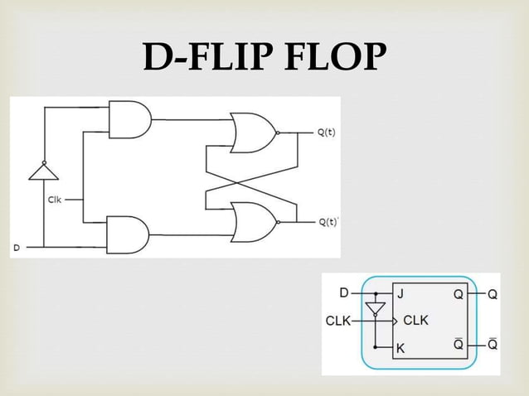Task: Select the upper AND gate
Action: tap(129, 119)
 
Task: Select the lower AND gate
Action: tap(127, 234)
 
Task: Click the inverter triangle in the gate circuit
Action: tap(43, 171)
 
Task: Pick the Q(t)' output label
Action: tap(328, 222)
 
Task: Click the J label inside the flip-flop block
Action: tap(400, 293)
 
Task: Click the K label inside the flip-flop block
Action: tap(400, 349)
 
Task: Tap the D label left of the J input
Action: tap(344, 292)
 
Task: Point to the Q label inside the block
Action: tap(457, 293)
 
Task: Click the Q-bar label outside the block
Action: tap(492, 345)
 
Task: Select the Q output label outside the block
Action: tap(492, 293)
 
